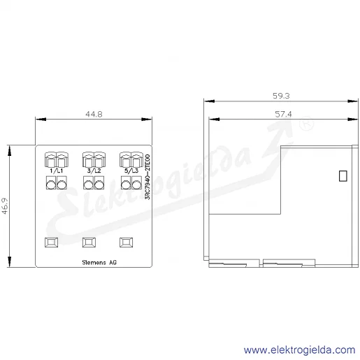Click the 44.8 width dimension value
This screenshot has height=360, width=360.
[94, 114]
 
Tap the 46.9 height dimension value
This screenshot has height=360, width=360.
[5, 206]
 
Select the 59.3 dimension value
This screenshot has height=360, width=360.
[281, 96]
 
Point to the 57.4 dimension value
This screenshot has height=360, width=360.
[283, 114]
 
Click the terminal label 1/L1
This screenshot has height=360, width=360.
[57, 171]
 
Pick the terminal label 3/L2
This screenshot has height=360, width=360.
[94, 171]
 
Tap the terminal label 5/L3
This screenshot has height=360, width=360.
[131, 171]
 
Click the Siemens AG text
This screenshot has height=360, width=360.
[99, 262]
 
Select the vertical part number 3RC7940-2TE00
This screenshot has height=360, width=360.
[147, 177]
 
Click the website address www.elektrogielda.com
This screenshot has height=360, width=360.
[299, 350]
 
